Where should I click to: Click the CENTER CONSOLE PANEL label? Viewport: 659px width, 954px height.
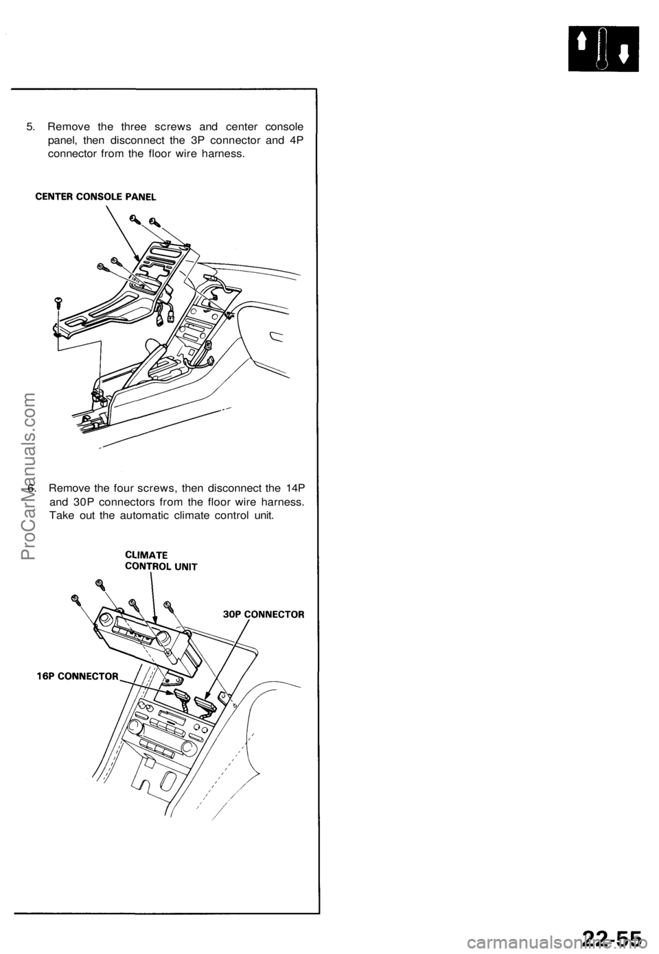click(x=95, y=195)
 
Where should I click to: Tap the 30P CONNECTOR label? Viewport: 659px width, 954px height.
click(x=264, y=614)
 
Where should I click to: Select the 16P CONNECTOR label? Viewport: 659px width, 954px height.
click(x=77, y=676)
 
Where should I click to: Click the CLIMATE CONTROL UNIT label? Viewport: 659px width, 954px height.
click(x=160, y=560)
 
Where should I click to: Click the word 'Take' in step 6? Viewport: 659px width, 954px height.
click(x=62, y=514)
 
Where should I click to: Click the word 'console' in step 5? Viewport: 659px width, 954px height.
click(x=285, y=127)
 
